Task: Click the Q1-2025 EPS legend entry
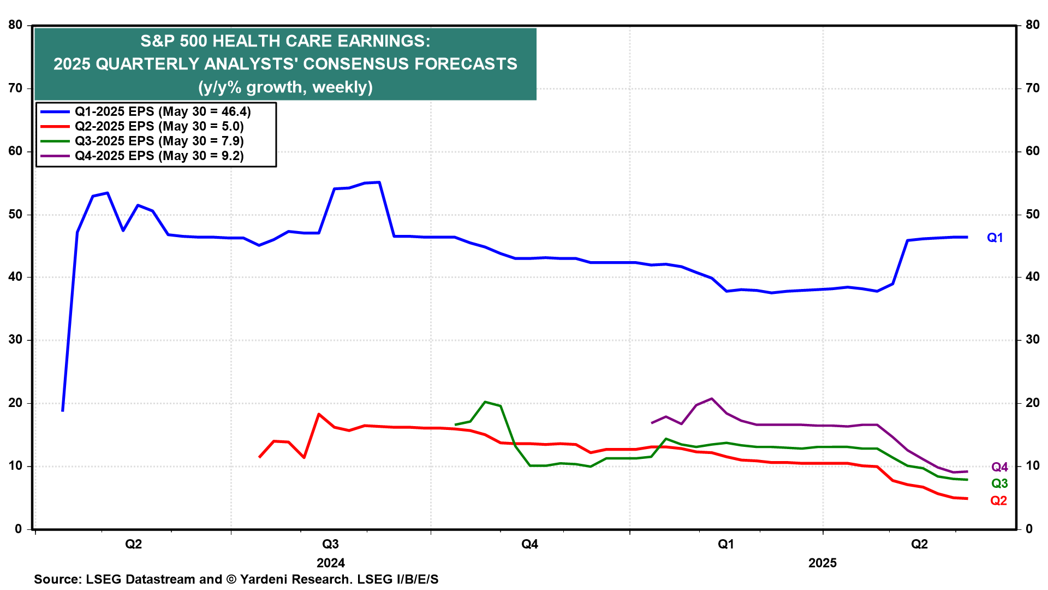(x=163, y=112)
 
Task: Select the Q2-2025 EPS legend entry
(x=159, y=127)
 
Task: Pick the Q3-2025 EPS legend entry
(x=159, y=141)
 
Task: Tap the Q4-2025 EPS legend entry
(x=159, y=156)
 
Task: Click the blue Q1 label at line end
(x=995, y=238)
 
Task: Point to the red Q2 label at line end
(x=998, y=501)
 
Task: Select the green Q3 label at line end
(x=999, y=483)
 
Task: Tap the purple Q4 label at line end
(x=999, y=467)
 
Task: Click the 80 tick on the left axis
(x=15, y=25)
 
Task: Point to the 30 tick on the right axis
(x=1032, y=340)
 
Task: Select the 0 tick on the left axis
(x=19, y=529)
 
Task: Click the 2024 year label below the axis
(x=330, y=563)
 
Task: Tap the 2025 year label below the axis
(x=822, y=563)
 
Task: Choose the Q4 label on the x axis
(x=529, y=544)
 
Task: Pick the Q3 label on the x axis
(x=330, y=544)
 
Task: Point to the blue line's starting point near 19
(x=63, y=410)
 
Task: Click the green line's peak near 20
(x=485, y=402)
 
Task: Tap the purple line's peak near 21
(x=711, y=399)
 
